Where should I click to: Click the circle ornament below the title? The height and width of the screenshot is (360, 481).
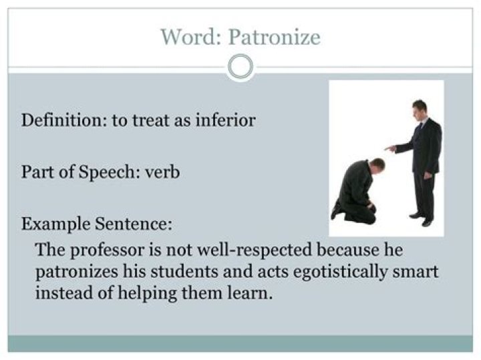click(x=240, y=67)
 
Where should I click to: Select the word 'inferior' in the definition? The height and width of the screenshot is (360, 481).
click(x=224, y=121)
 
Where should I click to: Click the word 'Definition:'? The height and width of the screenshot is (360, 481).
click(x=59, y=121)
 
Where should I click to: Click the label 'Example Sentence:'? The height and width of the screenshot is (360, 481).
click(x=97, y=223)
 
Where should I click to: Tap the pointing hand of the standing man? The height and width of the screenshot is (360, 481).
click(x=389, y=148)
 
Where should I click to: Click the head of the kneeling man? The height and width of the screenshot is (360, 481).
click(x=377, y=164)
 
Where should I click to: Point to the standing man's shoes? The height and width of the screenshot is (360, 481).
click(x=422, y=219)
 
